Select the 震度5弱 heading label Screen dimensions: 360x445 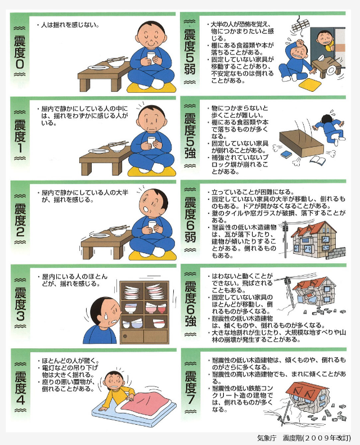190,52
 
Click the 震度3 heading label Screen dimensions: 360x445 20,303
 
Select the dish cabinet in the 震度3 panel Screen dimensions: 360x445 144,312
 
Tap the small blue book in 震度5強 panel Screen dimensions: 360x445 285,155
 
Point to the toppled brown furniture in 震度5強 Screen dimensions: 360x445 301,143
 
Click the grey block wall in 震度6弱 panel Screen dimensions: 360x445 336,253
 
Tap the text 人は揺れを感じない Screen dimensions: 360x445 70,25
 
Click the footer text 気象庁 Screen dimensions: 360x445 267,438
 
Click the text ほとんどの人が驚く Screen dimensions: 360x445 70,361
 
